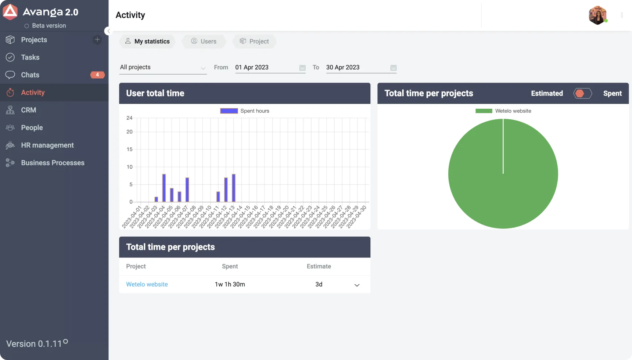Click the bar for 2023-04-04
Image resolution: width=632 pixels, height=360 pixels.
(x=164, y=188)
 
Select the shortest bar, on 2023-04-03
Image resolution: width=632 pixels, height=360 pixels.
(x=156, y=199)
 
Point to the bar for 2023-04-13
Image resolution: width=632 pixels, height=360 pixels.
(x=234, y=188)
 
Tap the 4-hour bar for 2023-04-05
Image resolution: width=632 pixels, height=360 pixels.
(x=172, y=195)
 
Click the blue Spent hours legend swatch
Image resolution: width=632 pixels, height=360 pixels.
(x=229, y=111)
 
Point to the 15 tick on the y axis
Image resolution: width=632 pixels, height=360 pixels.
(x=129, y=149)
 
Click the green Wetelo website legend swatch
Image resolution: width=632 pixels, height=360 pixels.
(x=484, y=111)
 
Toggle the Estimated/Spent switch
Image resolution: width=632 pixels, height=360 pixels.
(x=583, y=94)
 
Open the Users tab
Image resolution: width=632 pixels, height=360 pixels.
(x=204, y=42)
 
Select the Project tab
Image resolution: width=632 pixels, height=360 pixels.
(x=254, y=42)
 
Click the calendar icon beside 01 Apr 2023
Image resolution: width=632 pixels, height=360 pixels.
(x=302, y=68)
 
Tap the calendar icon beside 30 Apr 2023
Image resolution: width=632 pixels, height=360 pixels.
(x=394, y=68)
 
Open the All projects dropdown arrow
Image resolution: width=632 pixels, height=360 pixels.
(x=203, y=68)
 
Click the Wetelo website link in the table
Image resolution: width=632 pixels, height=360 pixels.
(x=147, y=284)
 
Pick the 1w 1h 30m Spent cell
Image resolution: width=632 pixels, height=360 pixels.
(x=230, y=284)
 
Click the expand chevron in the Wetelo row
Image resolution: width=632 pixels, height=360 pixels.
(x=357, y=285)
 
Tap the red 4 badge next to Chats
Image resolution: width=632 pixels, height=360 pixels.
(x=97, y=75)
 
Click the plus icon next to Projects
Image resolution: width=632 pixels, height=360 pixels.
(x=97, y=40)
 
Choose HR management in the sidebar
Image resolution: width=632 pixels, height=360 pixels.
(x=47, y=145)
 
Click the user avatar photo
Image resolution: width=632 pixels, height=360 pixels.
(x=597, y=15)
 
